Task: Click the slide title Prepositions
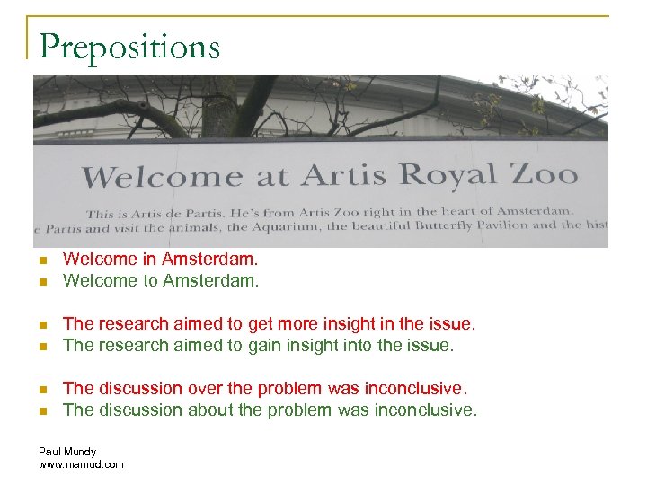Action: pos(129,46)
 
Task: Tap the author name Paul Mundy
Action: pos(67,452)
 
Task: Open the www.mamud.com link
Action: pos(81,464)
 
